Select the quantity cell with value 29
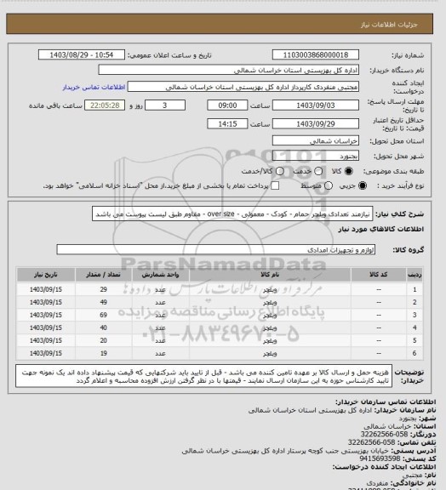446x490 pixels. click(103, 290)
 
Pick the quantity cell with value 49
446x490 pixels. click(103, 303)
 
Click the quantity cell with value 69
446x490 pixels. click(103, 315)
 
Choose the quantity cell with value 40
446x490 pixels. click(103, 328)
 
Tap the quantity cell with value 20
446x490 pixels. click(103, 339)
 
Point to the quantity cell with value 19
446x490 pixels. click(103, 352)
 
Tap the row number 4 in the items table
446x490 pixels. click(415, 328)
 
